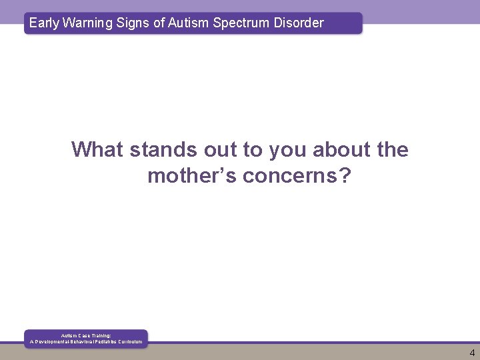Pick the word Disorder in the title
297,23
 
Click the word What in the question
98,149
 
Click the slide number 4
472,353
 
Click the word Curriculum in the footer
130,342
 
